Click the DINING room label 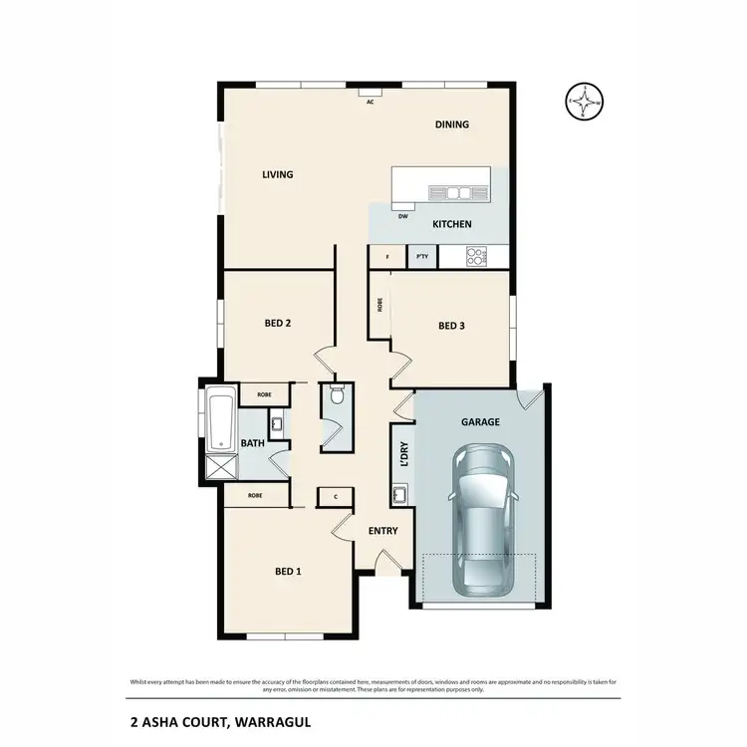[x=452, y=124]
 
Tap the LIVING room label [x=277, y=175]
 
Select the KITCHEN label [x=451, y=224]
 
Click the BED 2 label [x=277, y=323]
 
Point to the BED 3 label [x=451, y=326]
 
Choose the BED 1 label [x=287, y=571]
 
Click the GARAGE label [x=480, y=421]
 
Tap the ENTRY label [x=382, y=531]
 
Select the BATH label [x=251, y=444]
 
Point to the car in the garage [x=483, y=518]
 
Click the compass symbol [x=585, y=102]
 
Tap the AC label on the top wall [x=370, y=102]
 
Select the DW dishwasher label [x=402, y=215]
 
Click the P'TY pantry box [x=422, y=257]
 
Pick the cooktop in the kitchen [x=475, y=257]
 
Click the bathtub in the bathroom [x=220, y=418]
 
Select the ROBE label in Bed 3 [x=379, y=305]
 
